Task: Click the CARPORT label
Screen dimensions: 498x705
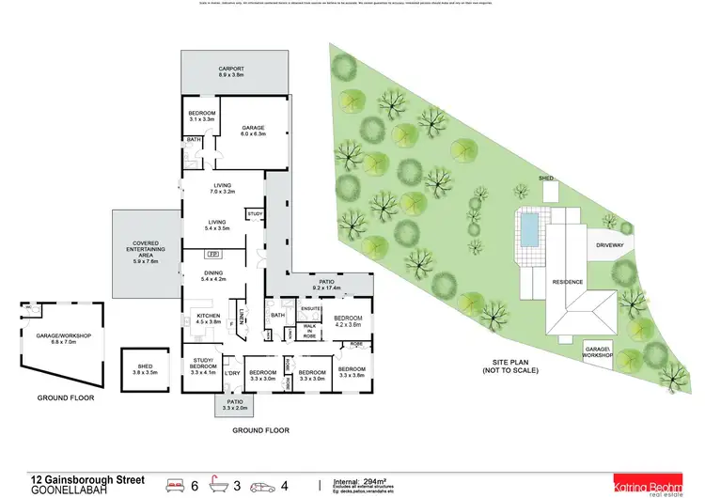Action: [231, 71]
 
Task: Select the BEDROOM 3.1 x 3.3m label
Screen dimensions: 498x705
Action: [202, 117]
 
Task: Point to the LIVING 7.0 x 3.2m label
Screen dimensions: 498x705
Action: [222, 188]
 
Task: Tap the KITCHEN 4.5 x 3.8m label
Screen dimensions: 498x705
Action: [207, 318]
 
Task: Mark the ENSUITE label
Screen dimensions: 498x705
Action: [311, 308]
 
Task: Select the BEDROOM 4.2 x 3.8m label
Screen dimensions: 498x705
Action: [348, 320]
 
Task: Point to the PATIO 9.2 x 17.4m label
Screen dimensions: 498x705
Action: [319, 284]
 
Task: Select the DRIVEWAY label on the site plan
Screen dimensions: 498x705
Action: [616, 245]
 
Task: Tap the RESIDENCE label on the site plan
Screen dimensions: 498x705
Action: [568, 282]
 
